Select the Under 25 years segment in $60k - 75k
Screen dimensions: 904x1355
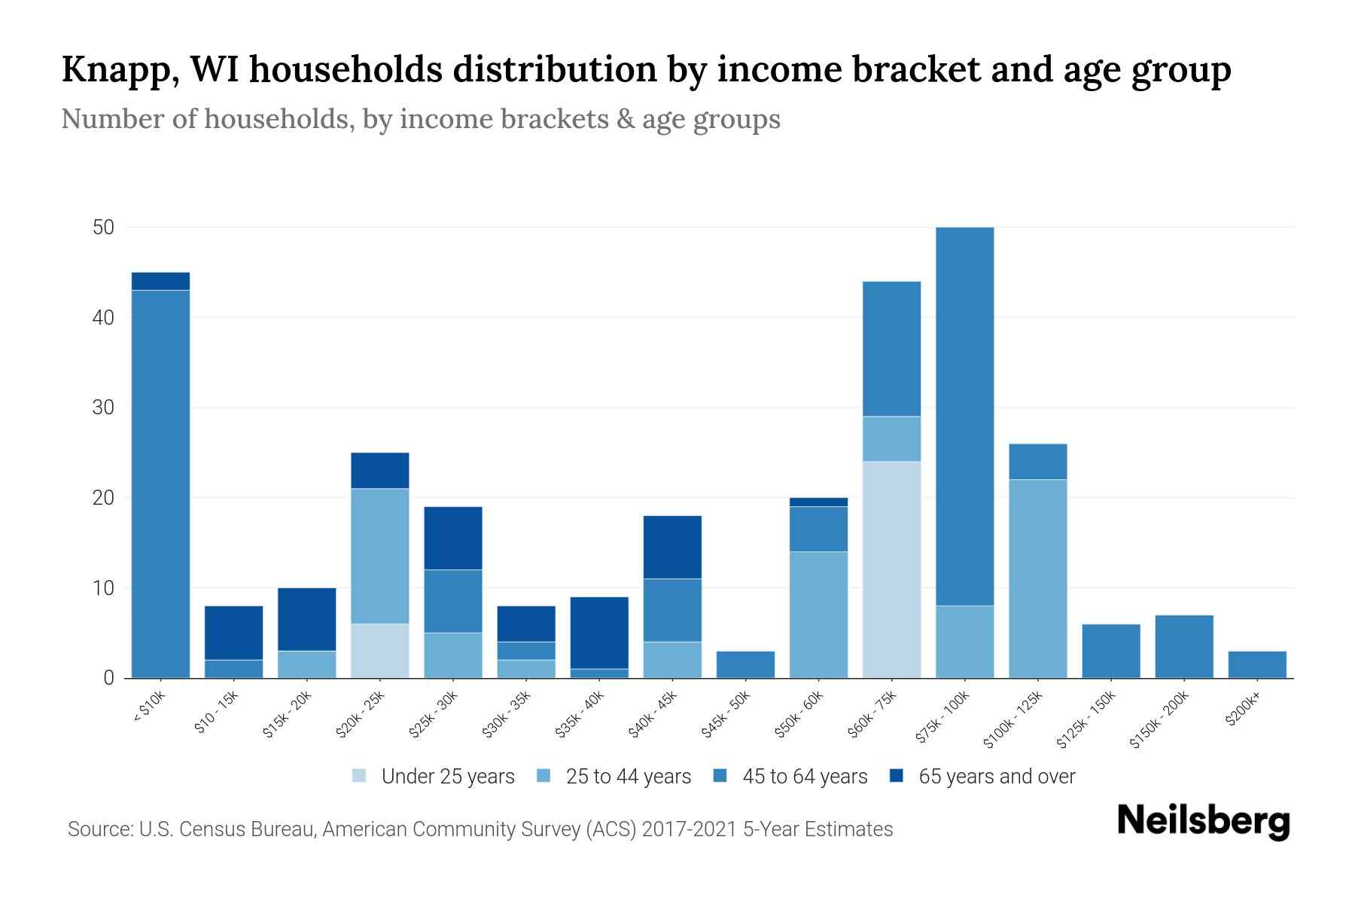coord(891,570)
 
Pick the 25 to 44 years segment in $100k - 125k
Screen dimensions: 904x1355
coord(1037,579)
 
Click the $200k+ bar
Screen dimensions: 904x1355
coord(1256,664)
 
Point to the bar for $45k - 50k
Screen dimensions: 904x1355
coord(745,664)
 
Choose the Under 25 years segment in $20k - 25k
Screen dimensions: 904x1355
coord(379,651)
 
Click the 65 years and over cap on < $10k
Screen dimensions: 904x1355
coord(160,281)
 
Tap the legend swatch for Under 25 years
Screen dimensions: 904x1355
coord(360,776)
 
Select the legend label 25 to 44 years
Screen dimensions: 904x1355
coord(628,777)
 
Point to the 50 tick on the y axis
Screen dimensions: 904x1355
coord(103,228)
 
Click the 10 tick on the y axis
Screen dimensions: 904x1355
coord(103,588)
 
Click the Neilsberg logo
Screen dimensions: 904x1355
coord(1203,821)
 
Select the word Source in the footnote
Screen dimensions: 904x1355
coord(98,829)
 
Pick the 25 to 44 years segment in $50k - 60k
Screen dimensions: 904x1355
coord(818,615)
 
